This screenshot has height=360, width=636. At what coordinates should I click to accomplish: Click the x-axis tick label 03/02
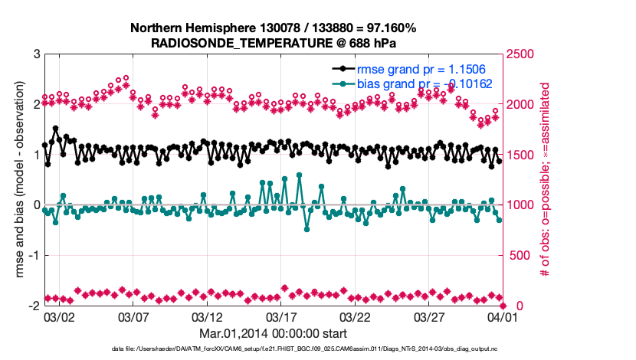click(58, 316)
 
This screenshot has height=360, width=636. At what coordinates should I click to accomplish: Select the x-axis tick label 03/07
click(132, 316)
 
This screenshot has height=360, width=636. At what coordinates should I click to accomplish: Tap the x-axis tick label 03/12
click(206, 316)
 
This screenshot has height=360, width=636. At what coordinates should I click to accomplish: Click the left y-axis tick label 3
click(36, 54)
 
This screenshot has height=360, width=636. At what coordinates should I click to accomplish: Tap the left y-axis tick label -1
click(34, 256)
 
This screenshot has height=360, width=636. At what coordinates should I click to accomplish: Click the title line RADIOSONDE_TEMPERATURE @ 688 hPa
click(274, 42)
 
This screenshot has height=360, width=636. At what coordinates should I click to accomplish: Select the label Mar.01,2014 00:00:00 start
click(273, 333)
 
